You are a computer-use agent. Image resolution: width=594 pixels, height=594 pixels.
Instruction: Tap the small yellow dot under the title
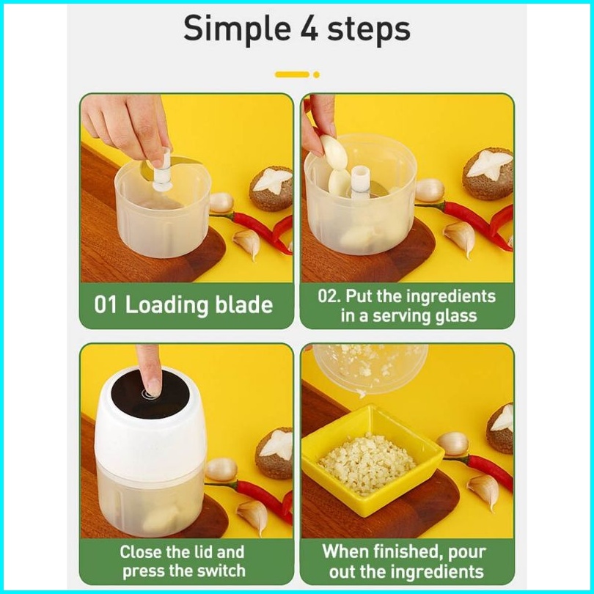(x=316, y=75)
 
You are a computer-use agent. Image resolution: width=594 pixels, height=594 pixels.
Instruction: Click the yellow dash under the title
(x=292, y=75)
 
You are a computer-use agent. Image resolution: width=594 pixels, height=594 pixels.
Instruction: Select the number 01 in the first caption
(x=106, y=305)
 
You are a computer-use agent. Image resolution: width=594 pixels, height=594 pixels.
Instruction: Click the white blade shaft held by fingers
(x=163, y=169)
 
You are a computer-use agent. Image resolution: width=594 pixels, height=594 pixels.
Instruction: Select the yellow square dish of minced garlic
(x=372, y=460)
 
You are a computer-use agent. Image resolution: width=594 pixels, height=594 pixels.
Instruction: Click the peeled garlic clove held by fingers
(x=334, y=152)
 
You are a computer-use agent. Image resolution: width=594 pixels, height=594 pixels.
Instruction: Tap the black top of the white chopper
(x=150, y=394)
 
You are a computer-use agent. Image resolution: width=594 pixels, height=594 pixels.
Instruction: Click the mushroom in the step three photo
(x=274, y=453)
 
